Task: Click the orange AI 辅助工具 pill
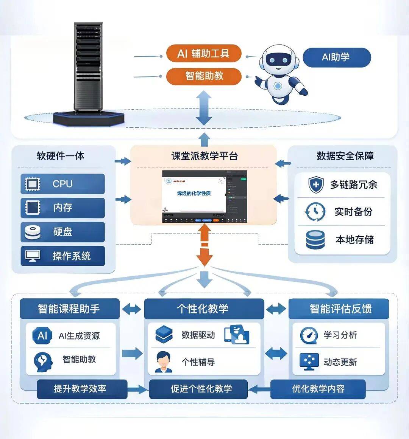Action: tap(203, 53)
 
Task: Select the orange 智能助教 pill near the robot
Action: tap(204, 76)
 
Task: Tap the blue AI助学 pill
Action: tap(337, 57)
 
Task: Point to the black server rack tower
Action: tap(88, 68)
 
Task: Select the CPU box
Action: tap(63, 184)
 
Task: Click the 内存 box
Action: tap(63, 208)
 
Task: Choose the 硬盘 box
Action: tap(63, 232)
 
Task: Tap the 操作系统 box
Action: tap(63, 256)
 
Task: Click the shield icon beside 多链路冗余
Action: tap(315, 185)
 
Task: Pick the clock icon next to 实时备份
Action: tap(315, 212)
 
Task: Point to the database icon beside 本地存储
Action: tap(315, 240)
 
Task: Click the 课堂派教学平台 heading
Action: tap(204, 156)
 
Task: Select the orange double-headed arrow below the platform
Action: tap(204, 245)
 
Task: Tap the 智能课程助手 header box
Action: tap(69, 309)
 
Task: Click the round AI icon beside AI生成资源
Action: tap(42, 335)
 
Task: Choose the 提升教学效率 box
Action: tap(80, 389)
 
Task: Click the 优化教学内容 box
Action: tap(318, 389)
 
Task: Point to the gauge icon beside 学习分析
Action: tap(309, 335)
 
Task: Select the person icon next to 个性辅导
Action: tap(164, 362)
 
